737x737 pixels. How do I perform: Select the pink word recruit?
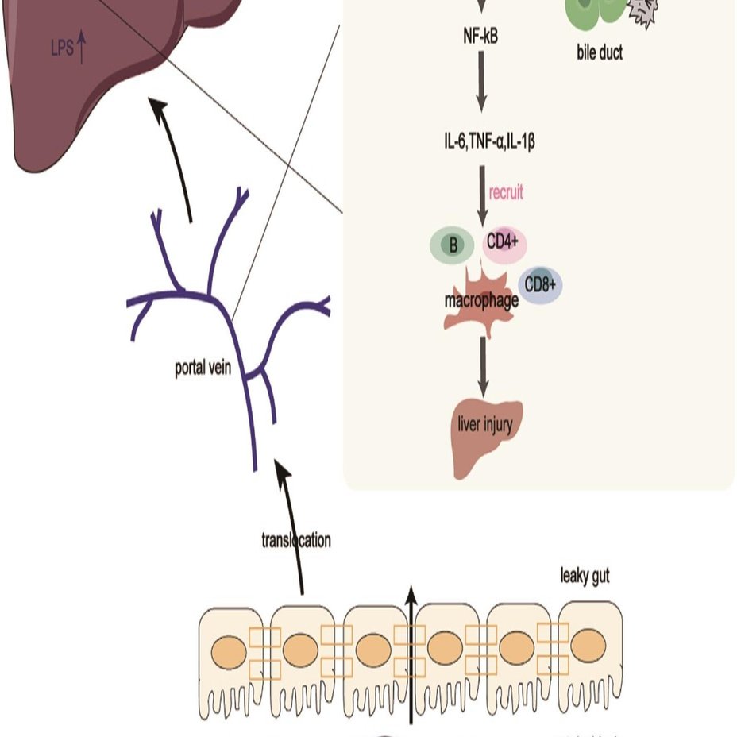[x=507, y=192]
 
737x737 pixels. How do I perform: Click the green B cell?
[x=453, y=245]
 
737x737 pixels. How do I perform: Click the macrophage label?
[x=481, y=301]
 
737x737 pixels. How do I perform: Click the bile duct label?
[x=600, y=53]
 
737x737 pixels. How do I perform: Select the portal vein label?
[x=203, y=369]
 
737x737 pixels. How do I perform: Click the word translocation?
[x=295, y=541]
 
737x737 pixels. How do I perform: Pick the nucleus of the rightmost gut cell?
[x=588, y=647]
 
